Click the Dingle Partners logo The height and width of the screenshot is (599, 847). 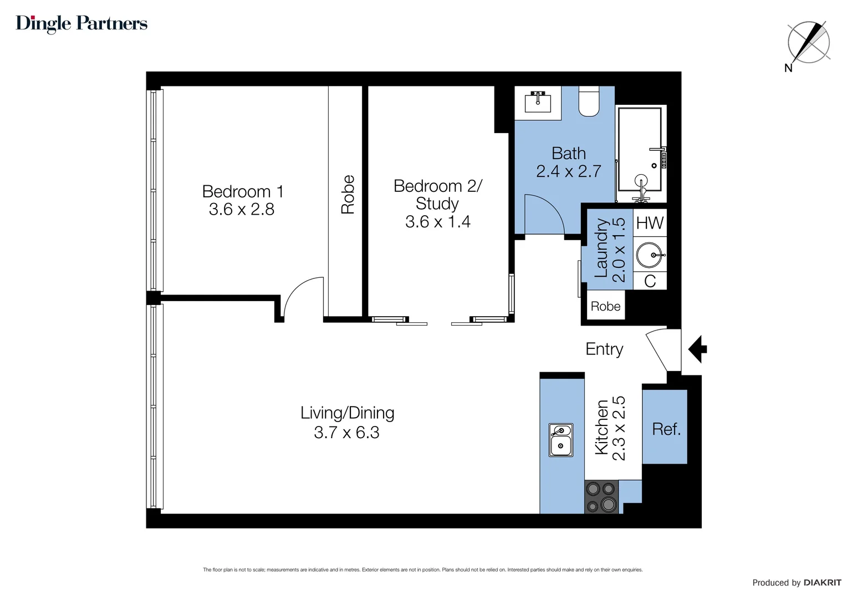click(x=81, y=23)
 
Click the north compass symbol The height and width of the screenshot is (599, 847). click(x=808, y=43)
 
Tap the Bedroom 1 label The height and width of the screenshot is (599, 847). click(x=242, y=191)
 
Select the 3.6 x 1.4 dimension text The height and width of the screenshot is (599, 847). click(x=437, y=222)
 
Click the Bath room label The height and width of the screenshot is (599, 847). click(x=568, y=153)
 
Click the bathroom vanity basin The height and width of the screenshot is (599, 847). click(x=537, y=101)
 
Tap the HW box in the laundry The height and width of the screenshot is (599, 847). click(x=650, y=223)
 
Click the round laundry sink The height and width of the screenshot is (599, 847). click(x=649, y=255)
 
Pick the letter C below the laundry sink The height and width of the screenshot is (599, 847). click(x=650, y=281)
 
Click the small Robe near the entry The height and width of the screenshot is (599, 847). click(x=605, y=306)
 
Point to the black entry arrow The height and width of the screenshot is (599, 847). click(x=698, y=349)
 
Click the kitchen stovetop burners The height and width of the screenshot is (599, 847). click(x=601, y=497)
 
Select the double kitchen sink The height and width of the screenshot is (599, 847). click(x=561, y=439)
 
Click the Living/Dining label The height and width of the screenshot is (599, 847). click(x=347, y=413)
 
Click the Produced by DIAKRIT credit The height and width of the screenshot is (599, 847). click(x=796, y=582)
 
